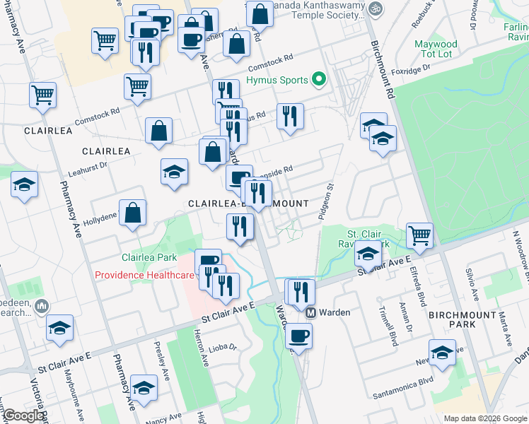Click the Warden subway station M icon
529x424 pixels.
pos(310,312)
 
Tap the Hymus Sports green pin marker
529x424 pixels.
pos(319,80)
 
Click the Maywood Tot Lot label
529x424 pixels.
pos(436,49)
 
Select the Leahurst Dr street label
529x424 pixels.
pos(86,167)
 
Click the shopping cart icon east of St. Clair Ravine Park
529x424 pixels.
pos(419,235)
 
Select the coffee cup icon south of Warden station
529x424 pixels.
pos(298,336)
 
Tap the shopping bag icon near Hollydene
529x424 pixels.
pos(132,212)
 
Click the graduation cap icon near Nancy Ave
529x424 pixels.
pos(144,388)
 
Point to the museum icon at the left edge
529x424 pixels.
pos(41,306)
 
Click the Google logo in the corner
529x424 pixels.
pos(23,416)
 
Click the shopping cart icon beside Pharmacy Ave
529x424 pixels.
pos(42,94)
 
